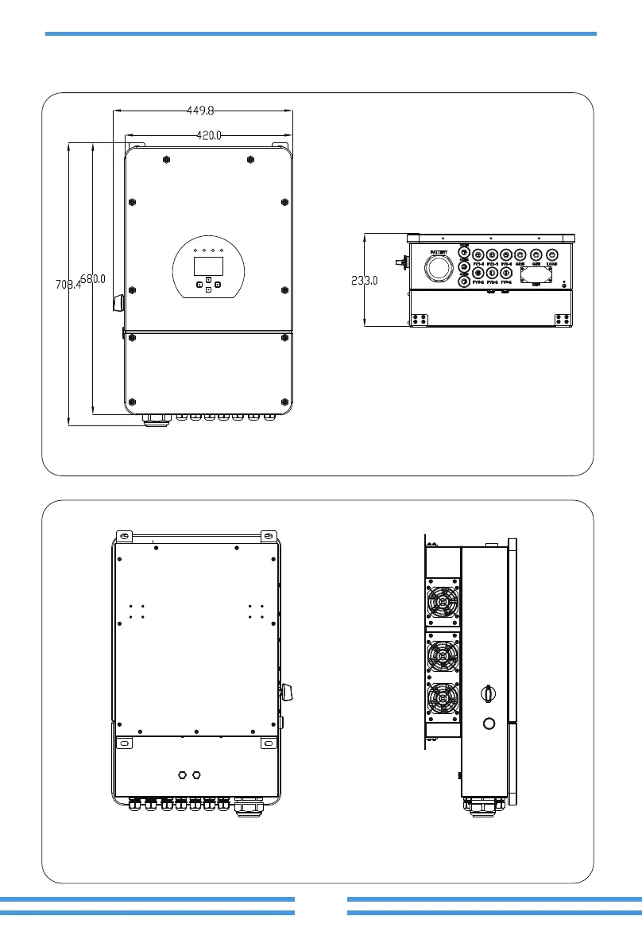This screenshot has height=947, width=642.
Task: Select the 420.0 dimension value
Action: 209,136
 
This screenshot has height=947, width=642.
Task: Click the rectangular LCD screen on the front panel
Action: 207,266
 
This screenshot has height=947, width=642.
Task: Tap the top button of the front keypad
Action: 207,280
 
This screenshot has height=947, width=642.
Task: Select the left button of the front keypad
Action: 199,285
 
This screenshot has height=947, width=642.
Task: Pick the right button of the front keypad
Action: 216,285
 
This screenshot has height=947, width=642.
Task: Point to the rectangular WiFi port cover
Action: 536,275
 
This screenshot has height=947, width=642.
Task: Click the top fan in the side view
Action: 443,604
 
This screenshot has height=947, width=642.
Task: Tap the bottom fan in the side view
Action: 443,699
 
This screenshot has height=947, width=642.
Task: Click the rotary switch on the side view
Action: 488,693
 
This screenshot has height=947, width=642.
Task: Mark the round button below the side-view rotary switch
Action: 489,724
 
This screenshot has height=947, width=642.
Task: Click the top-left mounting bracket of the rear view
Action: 122,536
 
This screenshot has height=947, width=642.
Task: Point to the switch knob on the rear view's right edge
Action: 287,691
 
